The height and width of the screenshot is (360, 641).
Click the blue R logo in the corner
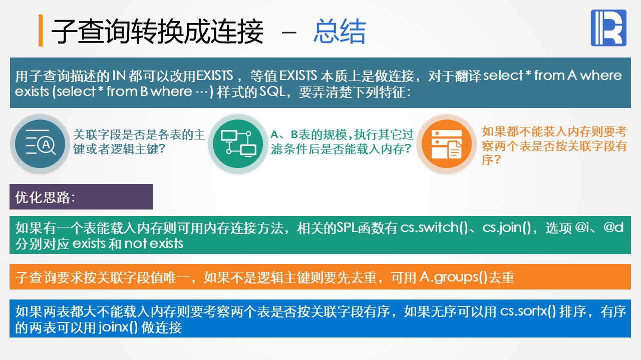[608, 27]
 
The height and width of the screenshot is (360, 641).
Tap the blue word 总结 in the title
[340, 31]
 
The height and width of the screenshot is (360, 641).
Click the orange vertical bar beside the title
[41, 30]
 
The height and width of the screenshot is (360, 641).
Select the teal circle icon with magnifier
[40, 143]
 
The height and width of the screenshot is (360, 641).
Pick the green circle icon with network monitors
[238, 143]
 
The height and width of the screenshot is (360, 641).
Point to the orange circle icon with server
[446, 143]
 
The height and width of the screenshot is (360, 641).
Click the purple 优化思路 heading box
[81, 197]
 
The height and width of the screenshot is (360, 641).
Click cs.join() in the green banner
[506, 227]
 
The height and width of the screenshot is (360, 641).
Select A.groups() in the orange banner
[453, 277]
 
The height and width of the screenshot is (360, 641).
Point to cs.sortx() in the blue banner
[528, 311]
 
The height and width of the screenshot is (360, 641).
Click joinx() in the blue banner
[118, 327]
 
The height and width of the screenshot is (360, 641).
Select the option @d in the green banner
[613, 227]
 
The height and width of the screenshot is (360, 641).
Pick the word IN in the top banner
[119, 75]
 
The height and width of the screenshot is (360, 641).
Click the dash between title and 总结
[289, 33]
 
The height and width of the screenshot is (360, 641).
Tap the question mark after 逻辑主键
[162, 148]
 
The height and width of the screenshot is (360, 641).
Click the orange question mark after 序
[498, 159]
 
